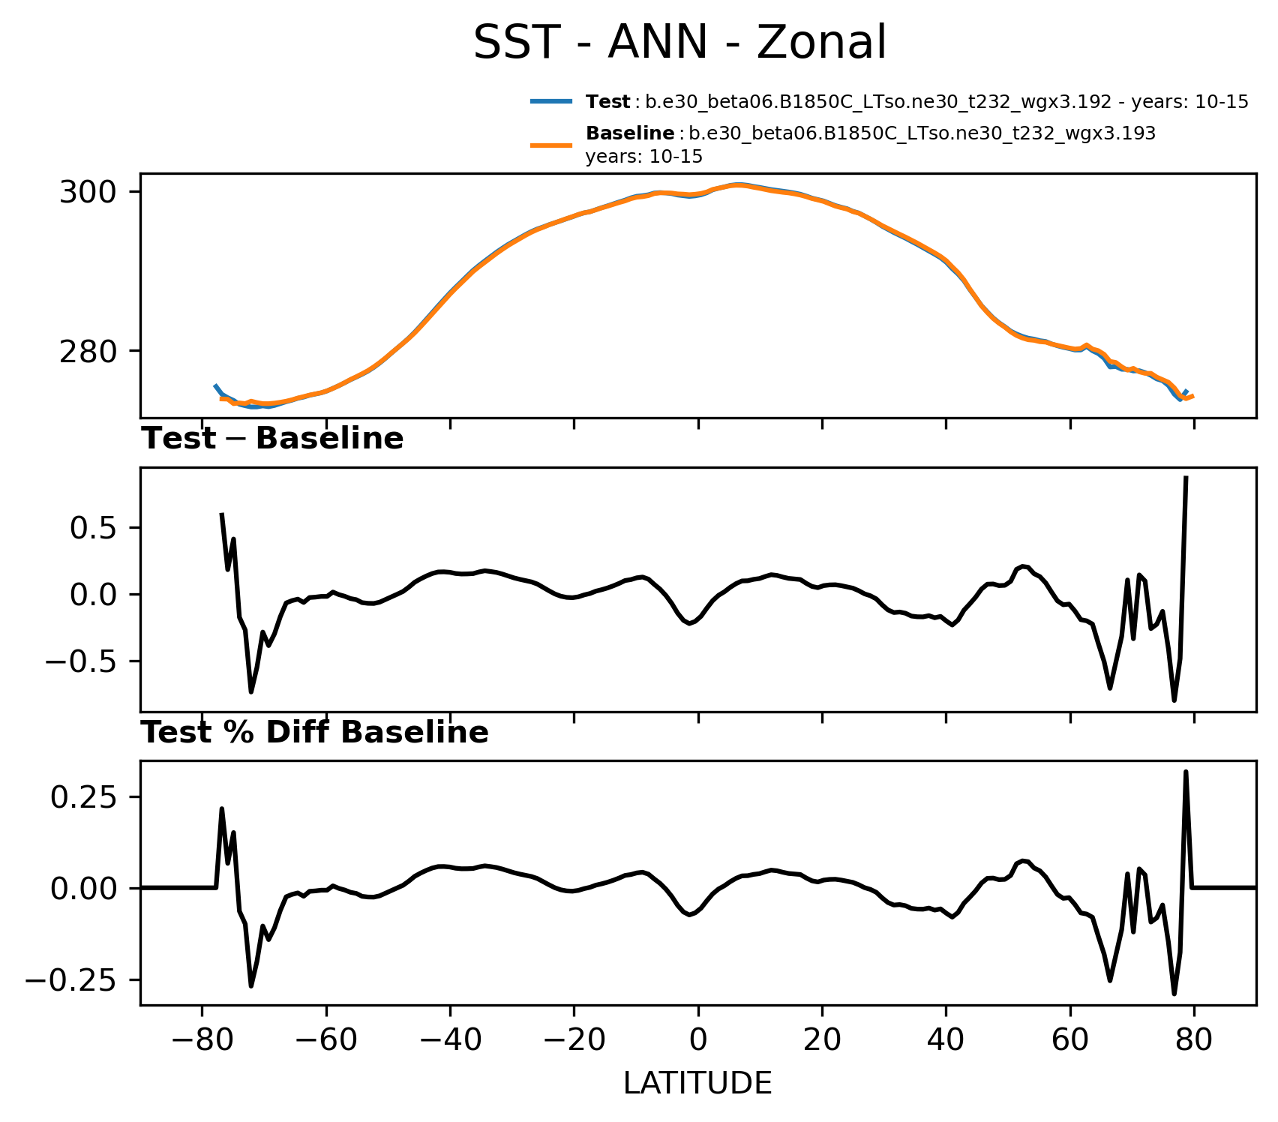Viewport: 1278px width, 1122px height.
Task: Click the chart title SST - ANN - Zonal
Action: click(x=680, y=43)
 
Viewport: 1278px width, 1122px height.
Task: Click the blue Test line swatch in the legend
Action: click(x=552, y=102)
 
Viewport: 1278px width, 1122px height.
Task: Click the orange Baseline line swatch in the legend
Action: click(x=552, y=145)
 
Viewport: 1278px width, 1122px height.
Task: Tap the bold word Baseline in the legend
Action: click(x=629, y=133)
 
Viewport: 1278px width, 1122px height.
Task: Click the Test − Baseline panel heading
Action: click(x=273, y=439)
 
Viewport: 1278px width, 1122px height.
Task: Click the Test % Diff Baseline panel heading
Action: click(x=315, y=733)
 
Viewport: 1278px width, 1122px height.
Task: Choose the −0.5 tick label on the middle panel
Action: click(x=82, y=661)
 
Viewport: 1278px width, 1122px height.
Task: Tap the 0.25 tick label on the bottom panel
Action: click(x=85, y=796)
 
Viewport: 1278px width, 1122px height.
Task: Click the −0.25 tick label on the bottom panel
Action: click(x=73, y=980)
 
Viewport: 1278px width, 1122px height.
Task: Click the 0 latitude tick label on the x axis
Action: click(x=698, y=1043)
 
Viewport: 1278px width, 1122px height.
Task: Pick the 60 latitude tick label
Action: click(x=1070, y=1043)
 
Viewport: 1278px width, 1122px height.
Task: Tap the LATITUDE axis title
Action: click(x=697, y=1084)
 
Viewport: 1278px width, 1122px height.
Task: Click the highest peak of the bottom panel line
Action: click(x=1186, y=772)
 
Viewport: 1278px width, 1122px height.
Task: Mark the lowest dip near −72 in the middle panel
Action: click(x=251, y=691)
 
